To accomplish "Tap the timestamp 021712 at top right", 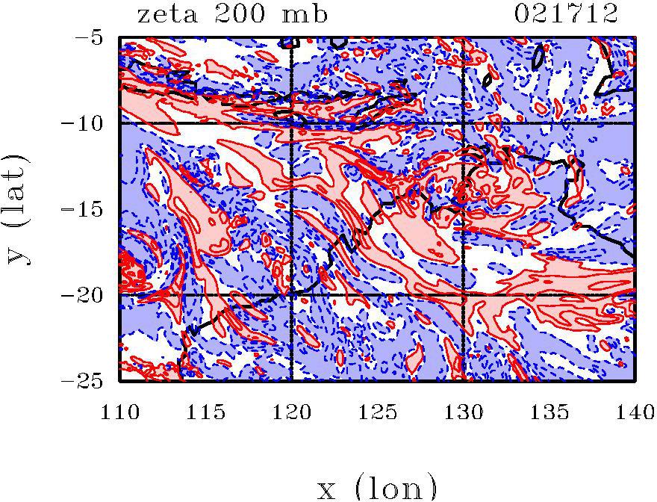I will [566, 14].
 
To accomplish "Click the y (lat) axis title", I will [20, 209].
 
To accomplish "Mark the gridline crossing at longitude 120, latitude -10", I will [292, 123].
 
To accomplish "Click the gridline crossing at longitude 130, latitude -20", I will [464, 295].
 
